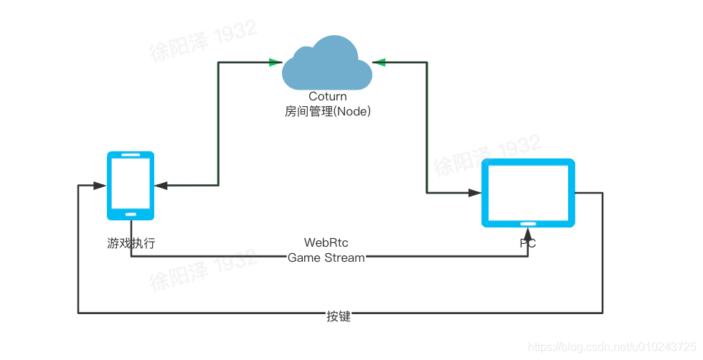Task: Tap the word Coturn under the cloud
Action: (327, 96)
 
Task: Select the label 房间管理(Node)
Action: (327, 111)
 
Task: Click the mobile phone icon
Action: (131, 185)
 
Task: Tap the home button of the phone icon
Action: (131, 214)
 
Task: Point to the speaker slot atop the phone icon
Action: (131, 156)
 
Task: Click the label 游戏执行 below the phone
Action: (131, 244)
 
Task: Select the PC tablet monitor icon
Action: (528, 192)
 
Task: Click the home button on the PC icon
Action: (528, 223)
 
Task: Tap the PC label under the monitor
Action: (528, 245)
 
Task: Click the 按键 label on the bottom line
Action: (339, 316)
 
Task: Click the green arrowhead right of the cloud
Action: (379, 62)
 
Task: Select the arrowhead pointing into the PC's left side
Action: (475, 192)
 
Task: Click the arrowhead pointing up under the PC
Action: (528, 234)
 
